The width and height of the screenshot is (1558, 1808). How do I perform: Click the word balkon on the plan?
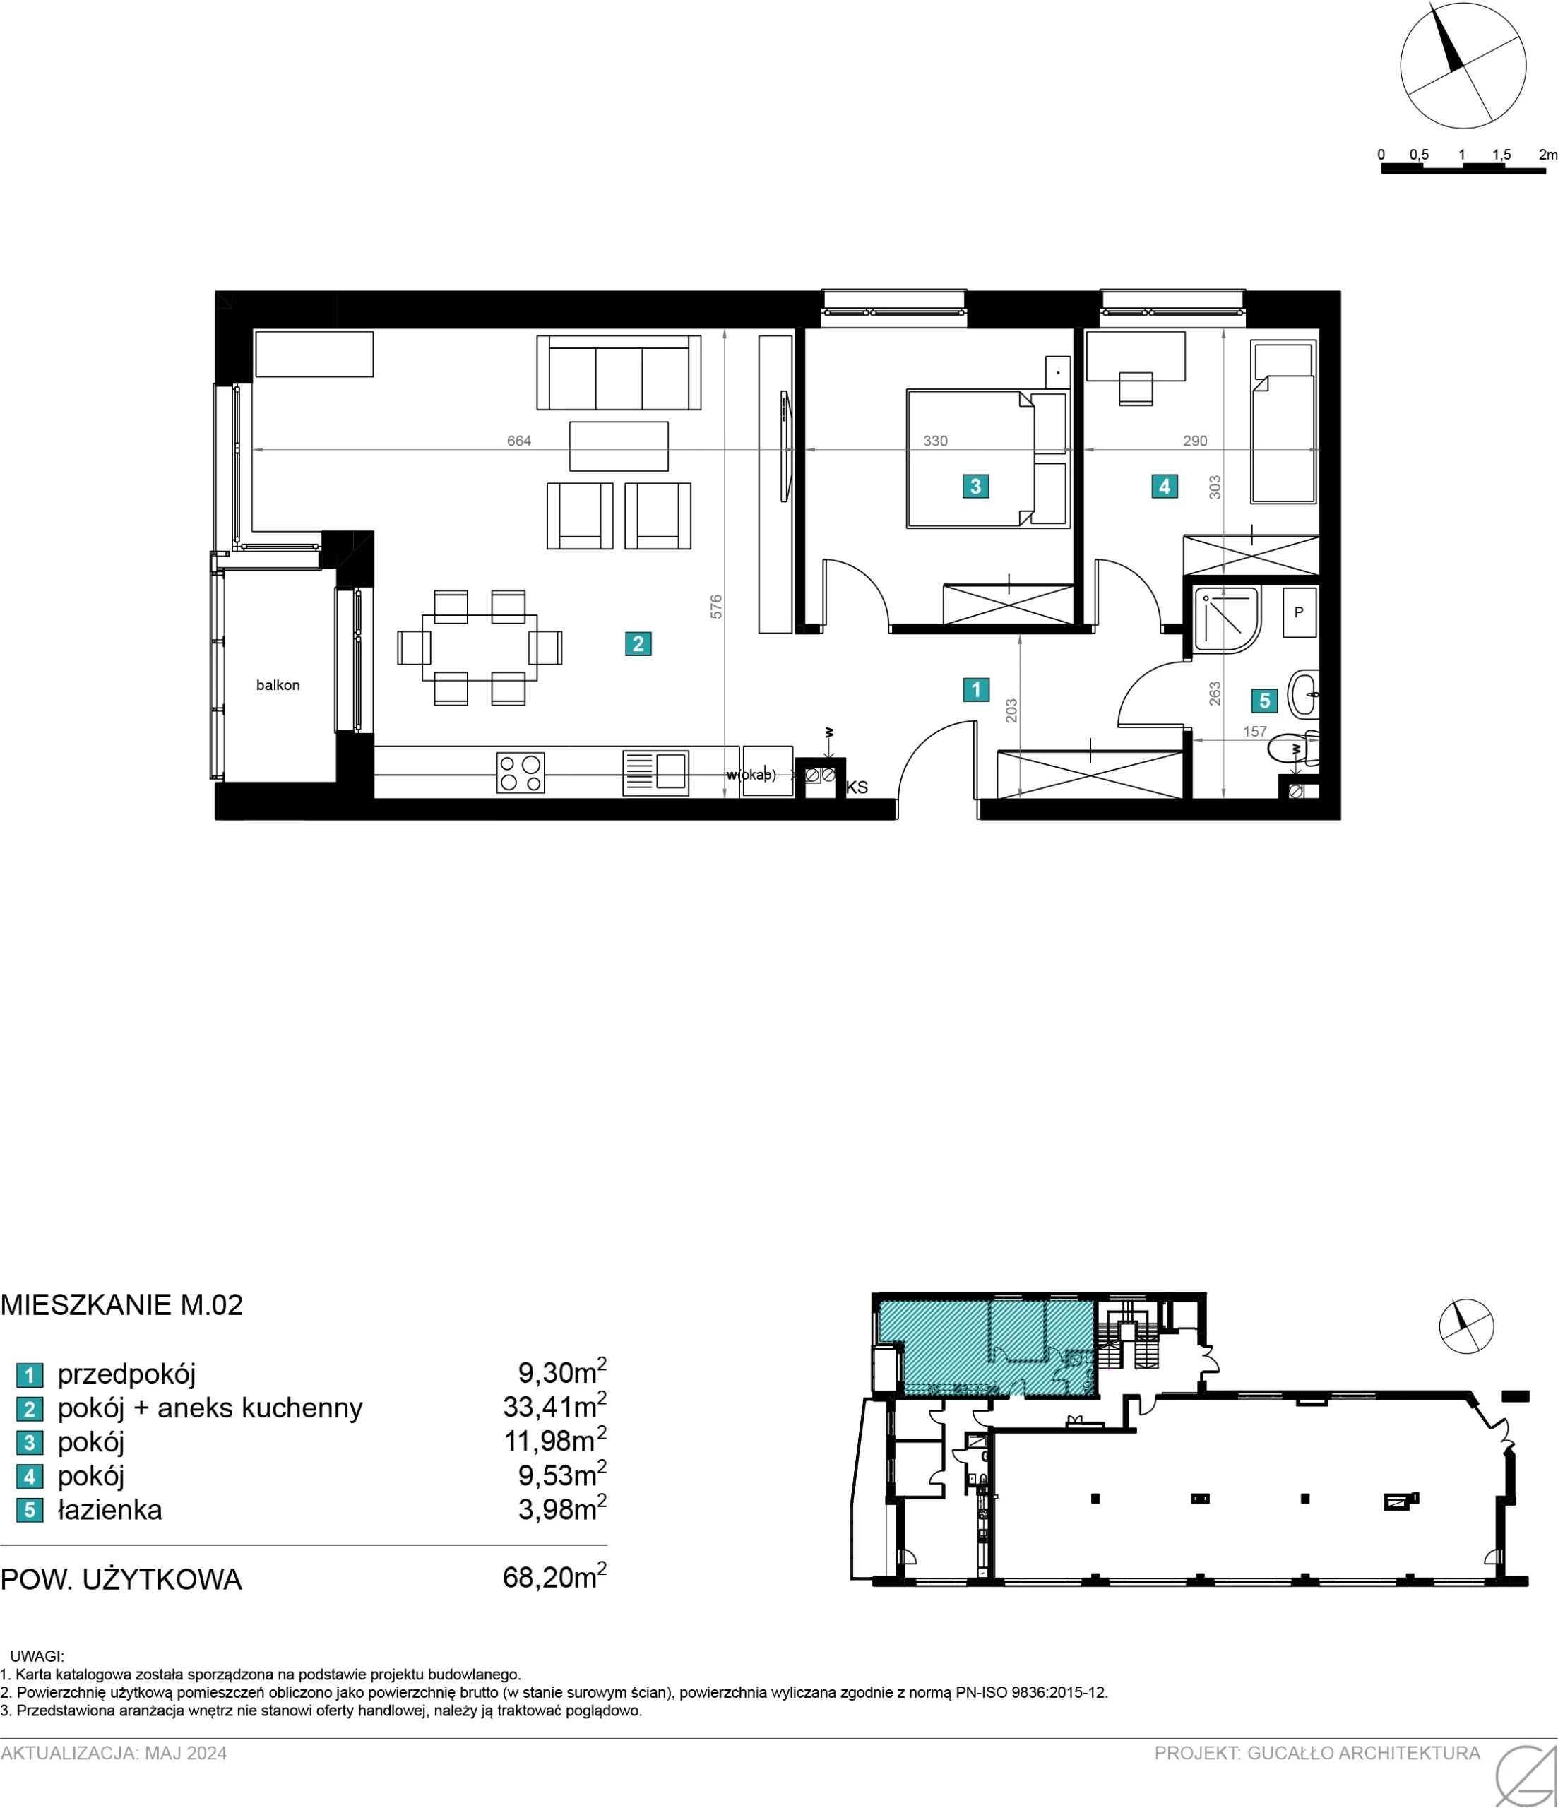(278, 685)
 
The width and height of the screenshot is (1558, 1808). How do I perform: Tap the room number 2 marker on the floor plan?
(638, 644)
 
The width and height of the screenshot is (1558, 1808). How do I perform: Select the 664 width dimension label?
(519, 441)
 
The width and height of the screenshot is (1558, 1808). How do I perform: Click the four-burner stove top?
(521, 772)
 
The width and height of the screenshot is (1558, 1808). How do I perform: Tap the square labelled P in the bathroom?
(1299, 612)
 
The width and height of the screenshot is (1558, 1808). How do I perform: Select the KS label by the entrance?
(857, 787)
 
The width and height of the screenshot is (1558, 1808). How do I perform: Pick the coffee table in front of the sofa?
(619, 446)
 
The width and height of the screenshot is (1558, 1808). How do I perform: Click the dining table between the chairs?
(479, 648)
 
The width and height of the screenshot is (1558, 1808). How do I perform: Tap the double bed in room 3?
(987, 458)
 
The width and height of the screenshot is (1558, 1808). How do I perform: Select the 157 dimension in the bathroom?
(1255, 731)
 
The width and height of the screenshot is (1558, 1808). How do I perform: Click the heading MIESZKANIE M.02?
(122, 1304)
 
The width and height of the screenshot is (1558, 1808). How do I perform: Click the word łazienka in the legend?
(110, 1509)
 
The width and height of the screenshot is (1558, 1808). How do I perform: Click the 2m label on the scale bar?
(1547, 155)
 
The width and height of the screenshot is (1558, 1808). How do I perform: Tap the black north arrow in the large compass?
(1446, 40)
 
